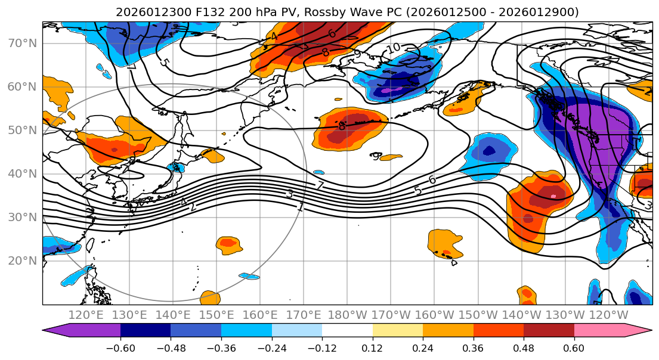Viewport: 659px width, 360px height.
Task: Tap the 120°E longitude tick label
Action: click(x=86, y=315)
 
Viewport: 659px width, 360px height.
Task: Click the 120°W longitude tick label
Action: click(x=608, y=315)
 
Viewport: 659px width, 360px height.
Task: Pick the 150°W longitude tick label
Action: click(x=478, y=315)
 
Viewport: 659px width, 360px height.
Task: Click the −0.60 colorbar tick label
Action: click(x=120, y=347)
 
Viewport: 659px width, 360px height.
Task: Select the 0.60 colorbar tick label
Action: click(x=574, y=347)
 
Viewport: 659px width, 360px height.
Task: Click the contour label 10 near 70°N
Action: click(x=393, y=48)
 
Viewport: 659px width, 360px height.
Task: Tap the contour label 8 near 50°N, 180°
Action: click(x=342, y=126)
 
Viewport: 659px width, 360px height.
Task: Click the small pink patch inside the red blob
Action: click(x=554, y=195)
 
